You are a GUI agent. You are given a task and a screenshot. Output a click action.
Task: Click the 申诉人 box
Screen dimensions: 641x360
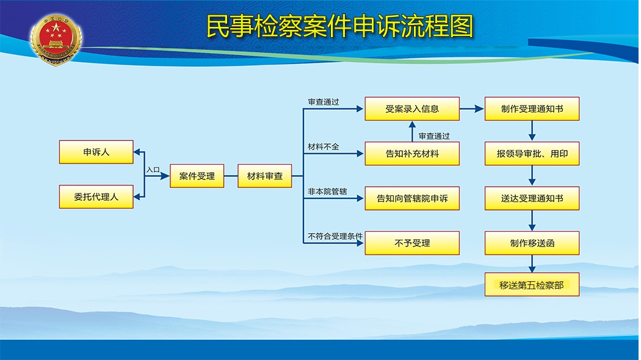[x=96, y=152]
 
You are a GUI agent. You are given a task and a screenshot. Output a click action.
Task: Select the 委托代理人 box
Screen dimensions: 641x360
[x=96, y=197]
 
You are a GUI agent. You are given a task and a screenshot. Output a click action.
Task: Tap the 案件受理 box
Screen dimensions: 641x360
[x=197, y=176]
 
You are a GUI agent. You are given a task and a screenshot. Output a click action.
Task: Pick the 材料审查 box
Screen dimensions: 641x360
[x=265, y=176]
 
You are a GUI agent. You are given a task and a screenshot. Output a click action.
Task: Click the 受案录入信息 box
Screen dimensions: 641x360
[x=412, y=109]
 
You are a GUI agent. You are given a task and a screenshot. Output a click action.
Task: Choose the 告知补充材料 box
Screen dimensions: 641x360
[x=412, y=154]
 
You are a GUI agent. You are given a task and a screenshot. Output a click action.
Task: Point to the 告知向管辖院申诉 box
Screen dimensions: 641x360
[x=412, y=198]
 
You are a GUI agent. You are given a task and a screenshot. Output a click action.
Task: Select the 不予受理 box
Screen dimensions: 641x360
[x=412, y=243]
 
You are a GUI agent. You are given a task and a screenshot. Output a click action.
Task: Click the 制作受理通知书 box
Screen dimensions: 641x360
[x=532, y=109]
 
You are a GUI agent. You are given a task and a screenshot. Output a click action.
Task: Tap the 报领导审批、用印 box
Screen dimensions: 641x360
[x=532, y=154]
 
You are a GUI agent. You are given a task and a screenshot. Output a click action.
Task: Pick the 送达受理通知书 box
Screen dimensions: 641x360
[x=532, y=198]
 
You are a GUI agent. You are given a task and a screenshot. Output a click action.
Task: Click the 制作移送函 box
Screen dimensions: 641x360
[x=532, y=243]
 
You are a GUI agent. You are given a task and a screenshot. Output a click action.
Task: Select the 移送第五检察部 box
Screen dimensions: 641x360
[x=532, y=284]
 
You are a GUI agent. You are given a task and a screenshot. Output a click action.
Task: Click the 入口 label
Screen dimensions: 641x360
[x=153, y=170]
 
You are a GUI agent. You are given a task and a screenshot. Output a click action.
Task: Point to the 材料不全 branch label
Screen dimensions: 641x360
[x=324, y=146]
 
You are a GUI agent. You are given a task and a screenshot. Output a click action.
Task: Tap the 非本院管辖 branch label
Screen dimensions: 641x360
[x=327, y=191]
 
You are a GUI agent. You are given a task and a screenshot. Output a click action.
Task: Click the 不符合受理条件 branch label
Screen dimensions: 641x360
[x=335, y=236]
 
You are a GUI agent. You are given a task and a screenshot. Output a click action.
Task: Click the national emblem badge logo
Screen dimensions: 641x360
[x=56, y=40]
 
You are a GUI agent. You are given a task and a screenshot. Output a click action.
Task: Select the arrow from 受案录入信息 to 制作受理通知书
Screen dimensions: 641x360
[x=472, y=109]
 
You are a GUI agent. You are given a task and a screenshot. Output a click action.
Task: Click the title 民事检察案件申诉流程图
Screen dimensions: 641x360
[x=339, y=26]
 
